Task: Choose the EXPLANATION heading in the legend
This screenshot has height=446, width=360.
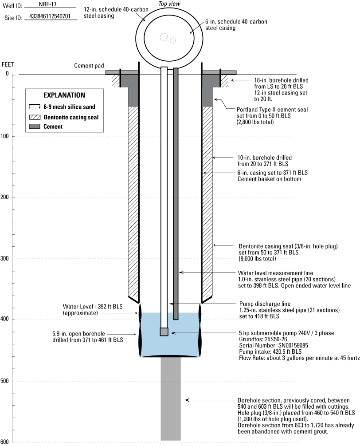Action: pos(64,95)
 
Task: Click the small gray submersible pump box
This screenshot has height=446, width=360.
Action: pos(164,332)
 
